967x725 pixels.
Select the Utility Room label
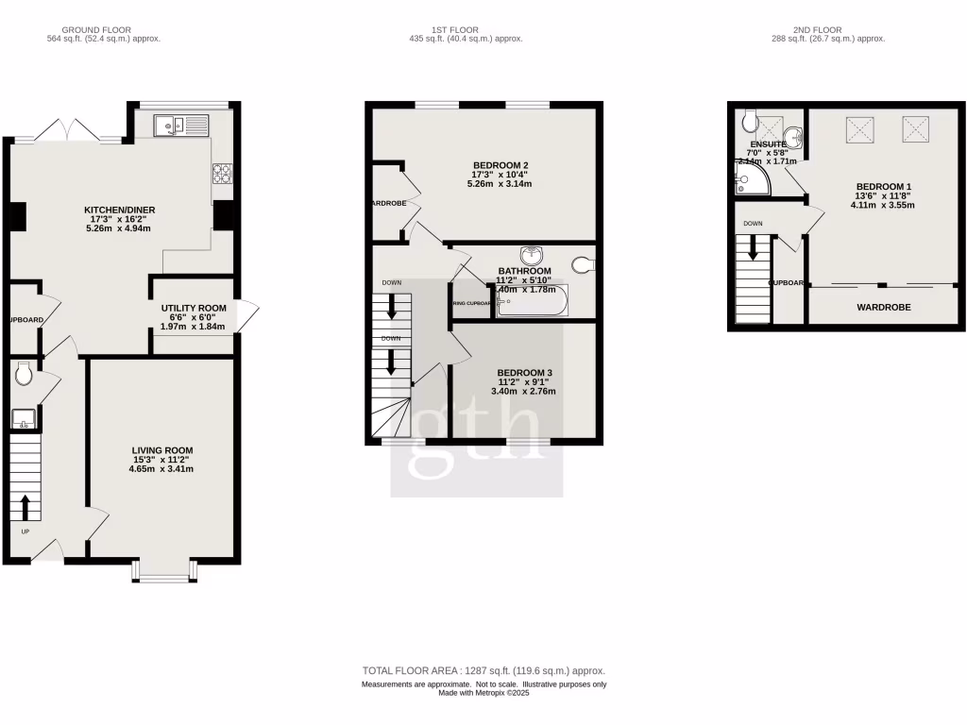pyautogui.click(x=194, y=308)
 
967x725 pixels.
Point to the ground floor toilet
pyautogui.click(x=25, y=376)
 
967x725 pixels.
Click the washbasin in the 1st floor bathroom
pyautogui.click(x=531, y=254)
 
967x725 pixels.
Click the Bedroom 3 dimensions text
pyautogui.click(x=526, y=386)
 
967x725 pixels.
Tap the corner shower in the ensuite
pyautogui.click(x=751, y=180)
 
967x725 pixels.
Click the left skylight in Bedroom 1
pyautogui.click(x=861, y=127)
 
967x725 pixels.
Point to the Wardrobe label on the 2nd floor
pyautogui.click(x=883, y=308)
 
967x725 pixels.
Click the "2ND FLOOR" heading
pyautogui.click(x=828, y=30)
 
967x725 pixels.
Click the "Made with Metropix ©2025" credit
pyautogui.click(x=483, y=694)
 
